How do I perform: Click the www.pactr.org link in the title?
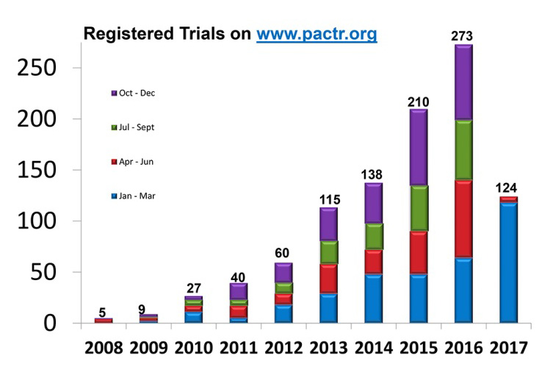(316, 34)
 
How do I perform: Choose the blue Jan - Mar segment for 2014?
(374, 298)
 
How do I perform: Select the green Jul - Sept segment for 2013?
(328, 252)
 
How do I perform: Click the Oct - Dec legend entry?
(134, 93)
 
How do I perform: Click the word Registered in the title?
(123, 34)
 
